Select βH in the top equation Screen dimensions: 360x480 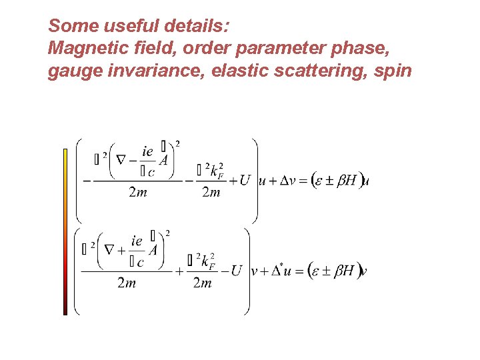pyautogui.click(x=346, y=180)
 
